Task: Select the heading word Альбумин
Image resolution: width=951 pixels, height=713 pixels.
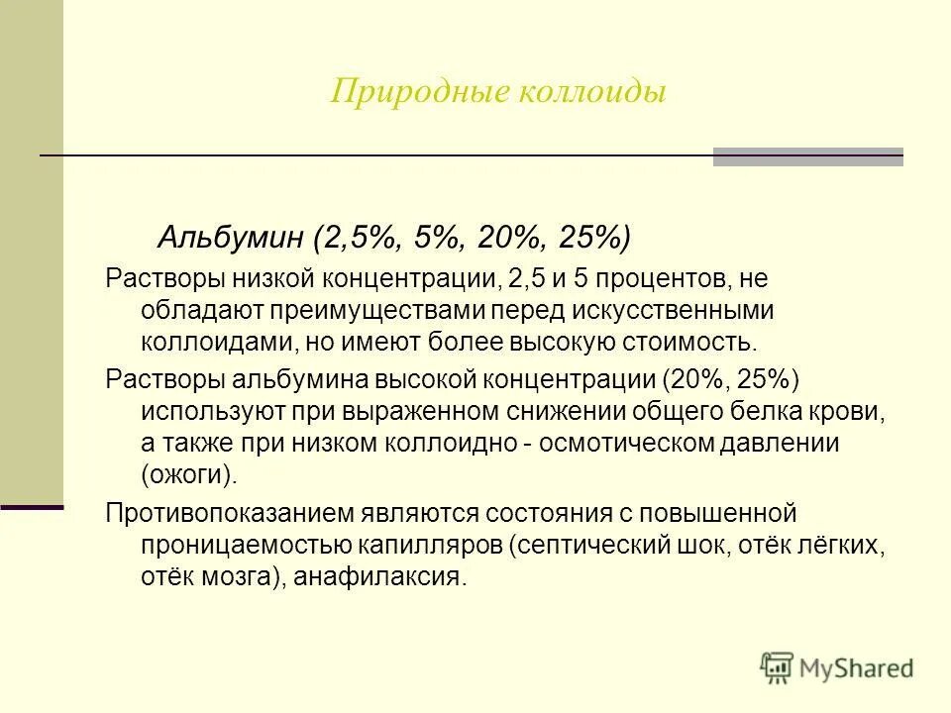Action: pos(230,239)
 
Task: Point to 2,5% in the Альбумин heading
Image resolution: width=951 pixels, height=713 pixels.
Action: pos(356,239)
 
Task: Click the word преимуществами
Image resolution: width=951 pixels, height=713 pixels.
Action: pos(374,310)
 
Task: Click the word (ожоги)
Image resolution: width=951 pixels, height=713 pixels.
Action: pos(189,474)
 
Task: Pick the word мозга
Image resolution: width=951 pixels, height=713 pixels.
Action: pos(225,577)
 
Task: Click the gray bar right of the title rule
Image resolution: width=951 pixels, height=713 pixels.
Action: pos(808,156)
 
